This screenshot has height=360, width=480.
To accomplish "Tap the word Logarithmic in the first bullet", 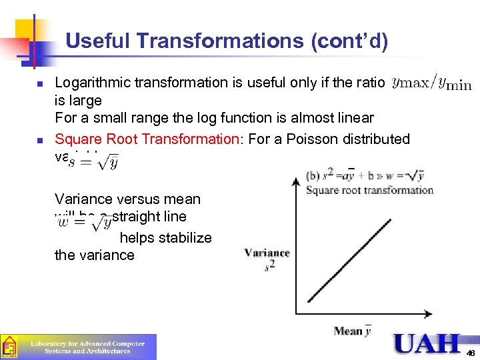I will pos(93,83).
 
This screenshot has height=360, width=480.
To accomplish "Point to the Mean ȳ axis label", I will pos(353,331).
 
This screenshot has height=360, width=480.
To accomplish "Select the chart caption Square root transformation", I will pos(369,190).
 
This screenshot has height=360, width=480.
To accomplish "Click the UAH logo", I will pos(427,343).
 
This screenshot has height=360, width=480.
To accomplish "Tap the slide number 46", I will pos(471,353).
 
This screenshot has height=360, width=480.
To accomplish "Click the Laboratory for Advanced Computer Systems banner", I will pos(87,347).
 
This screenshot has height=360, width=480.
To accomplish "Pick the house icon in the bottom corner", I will pos(9,347).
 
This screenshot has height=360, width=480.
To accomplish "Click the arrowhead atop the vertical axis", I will pos(296,179).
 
